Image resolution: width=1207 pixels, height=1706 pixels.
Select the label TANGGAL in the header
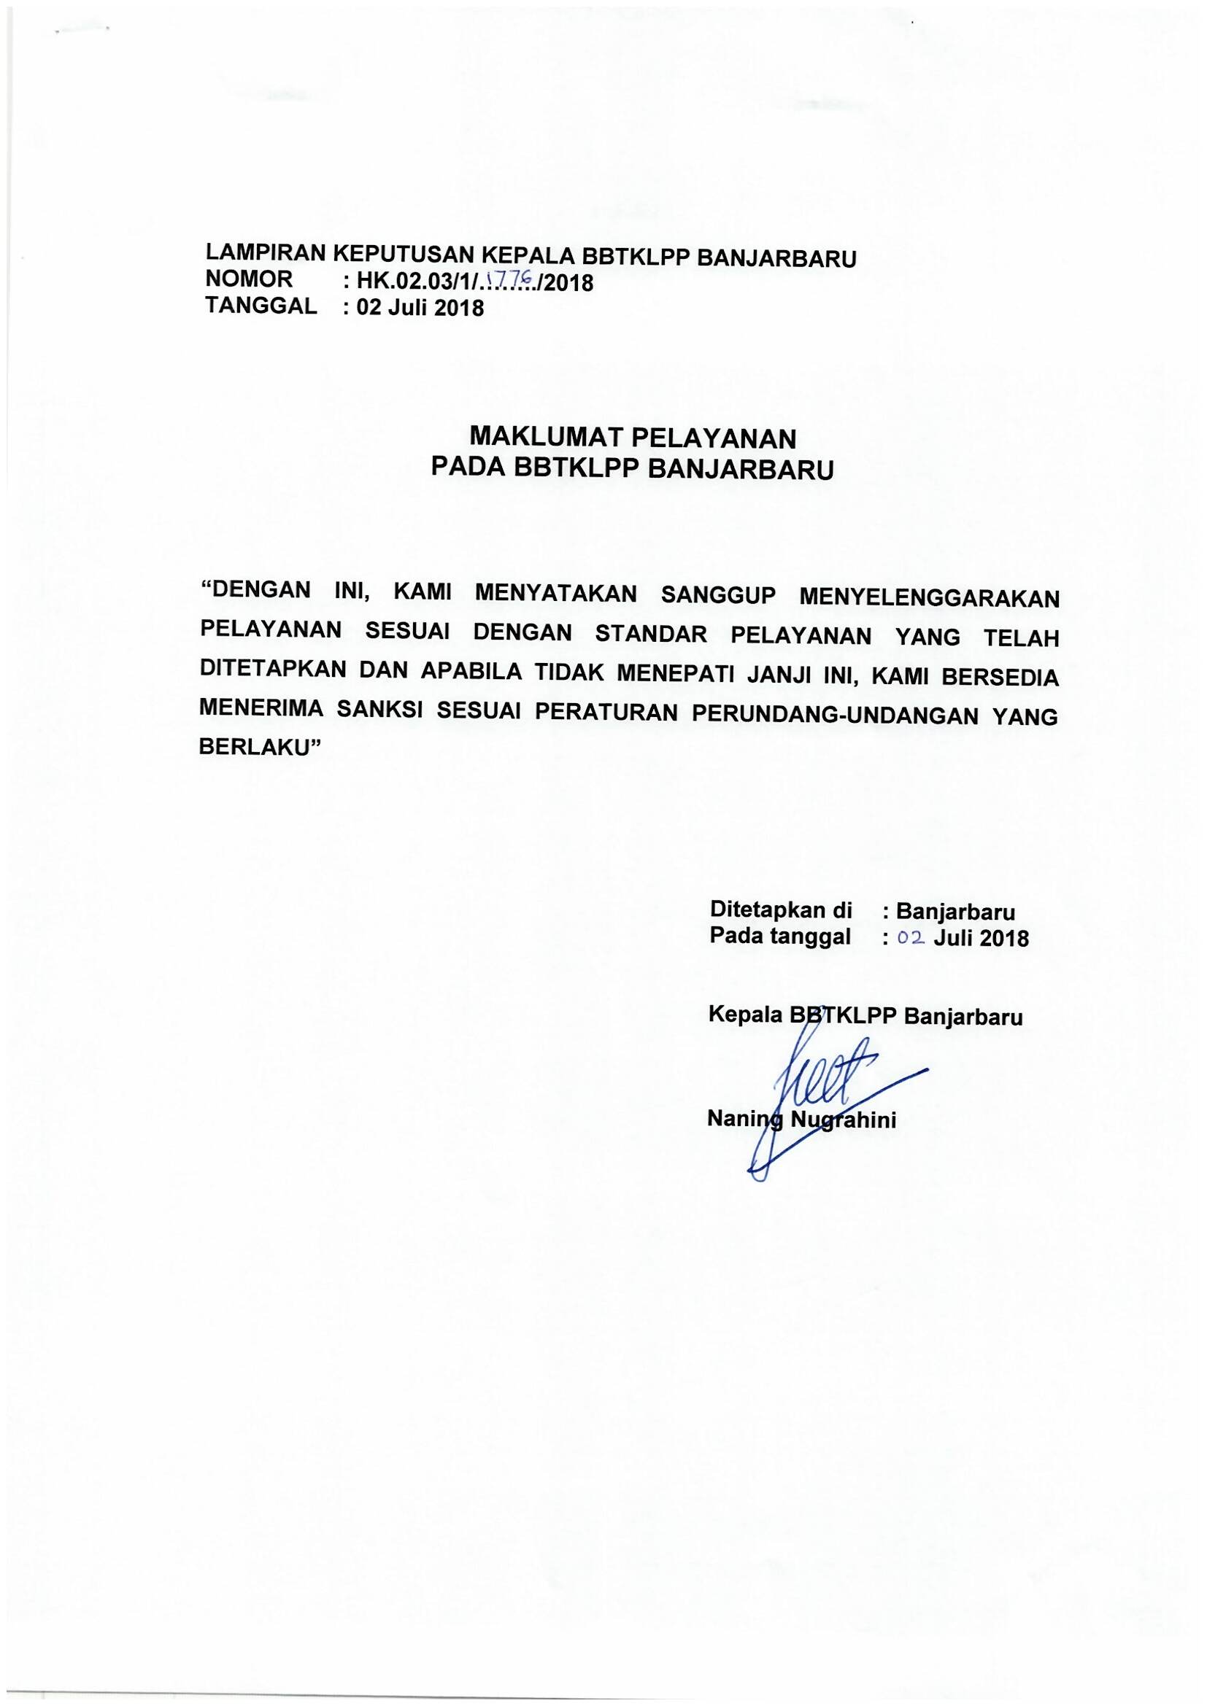(260, 306)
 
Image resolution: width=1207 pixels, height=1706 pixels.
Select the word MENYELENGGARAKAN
(928, 597)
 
